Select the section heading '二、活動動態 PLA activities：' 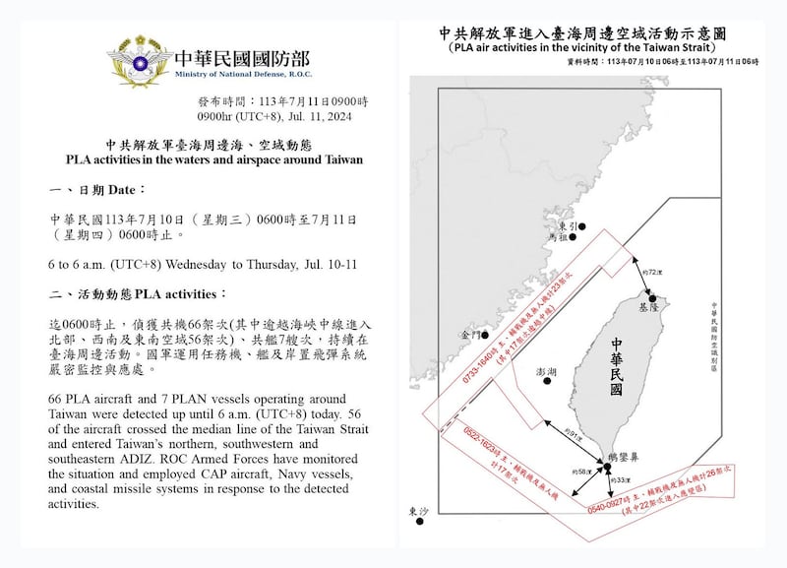pos(139,294)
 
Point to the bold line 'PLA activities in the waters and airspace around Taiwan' pos(214,159)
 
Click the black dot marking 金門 pos(485,334)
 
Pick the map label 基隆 pos(649,307)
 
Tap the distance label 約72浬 pos(651,271)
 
